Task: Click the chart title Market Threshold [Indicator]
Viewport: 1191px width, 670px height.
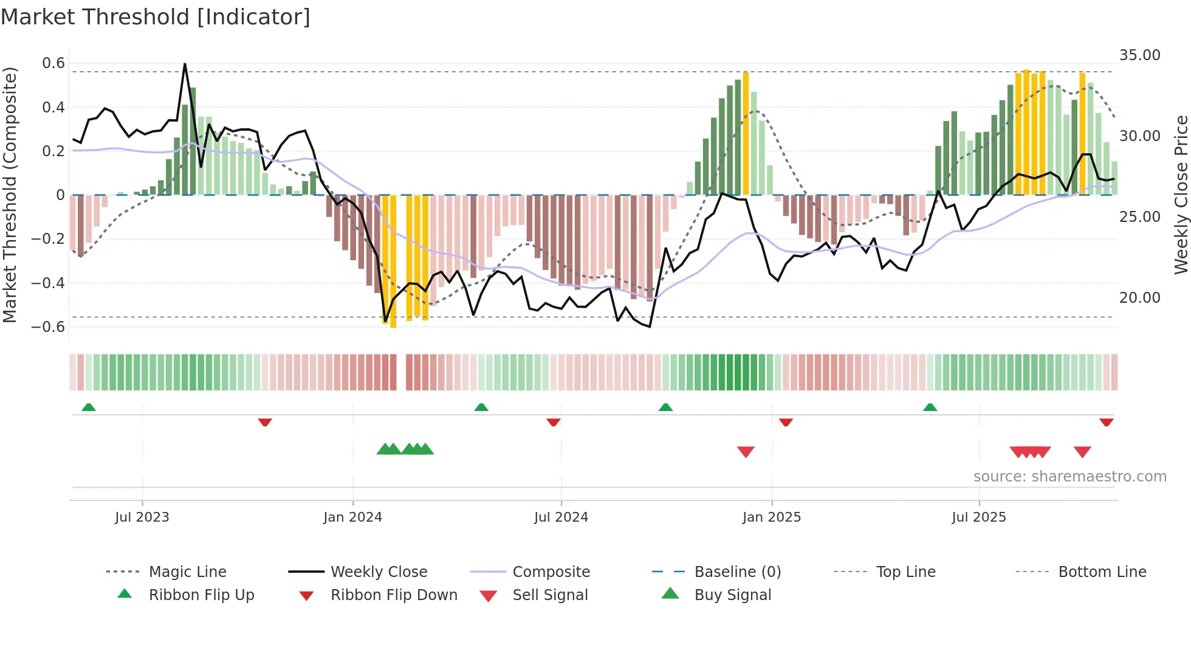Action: pos(156,17)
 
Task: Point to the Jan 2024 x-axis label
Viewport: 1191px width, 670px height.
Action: pos(352,517)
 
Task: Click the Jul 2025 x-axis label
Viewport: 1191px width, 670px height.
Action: pos(978,517)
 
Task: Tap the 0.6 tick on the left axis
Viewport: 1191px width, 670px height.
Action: pos(53,63)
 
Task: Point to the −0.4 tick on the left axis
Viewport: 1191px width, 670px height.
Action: pos(48,283)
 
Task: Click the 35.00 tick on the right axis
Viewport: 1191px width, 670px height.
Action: pos(1139,55)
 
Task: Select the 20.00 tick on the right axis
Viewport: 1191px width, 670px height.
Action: pos(1139,297)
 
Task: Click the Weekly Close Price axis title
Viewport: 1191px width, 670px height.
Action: pos(1180,195)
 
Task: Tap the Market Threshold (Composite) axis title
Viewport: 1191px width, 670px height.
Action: pos(10,195)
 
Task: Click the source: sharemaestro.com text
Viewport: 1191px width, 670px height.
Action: pos(1069,476)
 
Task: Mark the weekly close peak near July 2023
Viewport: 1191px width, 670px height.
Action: pos(185,64)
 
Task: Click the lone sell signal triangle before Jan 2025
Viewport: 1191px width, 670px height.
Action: pos(746,452)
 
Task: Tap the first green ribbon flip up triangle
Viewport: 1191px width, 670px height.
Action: pos(89,407)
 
